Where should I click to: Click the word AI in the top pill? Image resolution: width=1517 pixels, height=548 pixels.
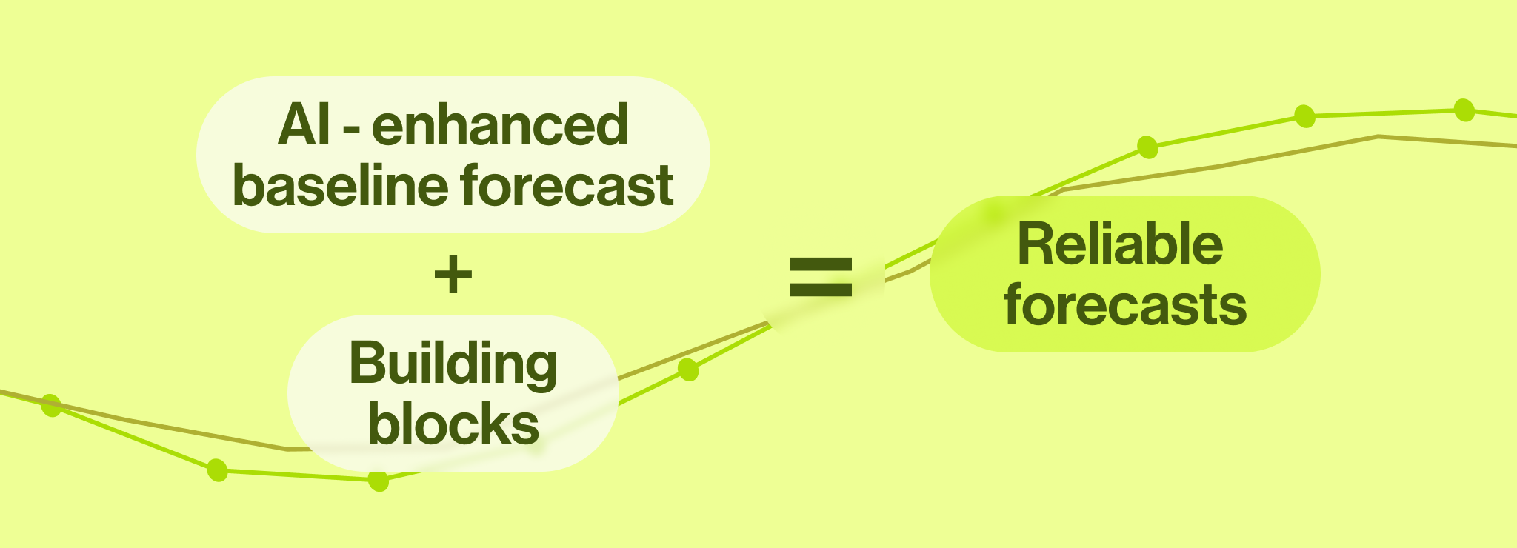(304, 126)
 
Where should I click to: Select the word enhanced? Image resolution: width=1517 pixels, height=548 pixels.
(500, 126)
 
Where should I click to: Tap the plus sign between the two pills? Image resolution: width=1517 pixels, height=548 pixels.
(453, 275)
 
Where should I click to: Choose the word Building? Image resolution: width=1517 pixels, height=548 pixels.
(453, 364)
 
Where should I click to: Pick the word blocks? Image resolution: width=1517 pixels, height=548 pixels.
(453, 424)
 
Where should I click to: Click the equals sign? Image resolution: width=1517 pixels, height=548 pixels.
(821, 277)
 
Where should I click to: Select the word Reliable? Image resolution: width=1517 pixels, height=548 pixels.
(1120, 244)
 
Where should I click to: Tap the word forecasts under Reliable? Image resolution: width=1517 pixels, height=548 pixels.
(1125, 305)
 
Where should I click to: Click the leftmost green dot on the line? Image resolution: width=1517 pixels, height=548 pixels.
(51, 405)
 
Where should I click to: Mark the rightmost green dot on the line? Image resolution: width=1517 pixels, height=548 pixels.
(1464, 110)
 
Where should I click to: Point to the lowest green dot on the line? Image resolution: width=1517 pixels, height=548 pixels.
(379, 481)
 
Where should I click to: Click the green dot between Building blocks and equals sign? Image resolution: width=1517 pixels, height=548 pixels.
(688, 370)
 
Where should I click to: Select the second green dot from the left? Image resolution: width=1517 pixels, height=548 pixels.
(217, 470)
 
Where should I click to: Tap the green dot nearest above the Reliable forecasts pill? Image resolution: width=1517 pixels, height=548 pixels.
(1147, 147)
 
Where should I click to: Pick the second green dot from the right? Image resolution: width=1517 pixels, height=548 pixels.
(1304, 116)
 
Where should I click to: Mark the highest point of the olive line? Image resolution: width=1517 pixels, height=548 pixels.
(1378, 136)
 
